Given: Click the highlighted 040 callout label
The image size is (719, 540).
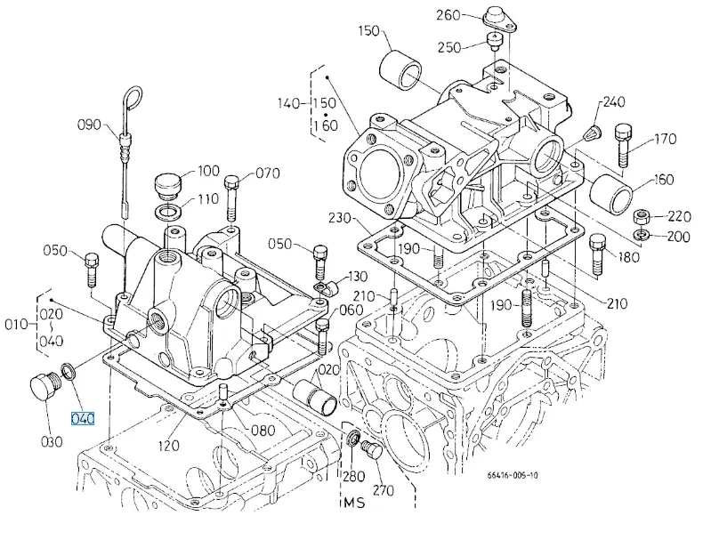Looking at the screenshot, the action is (83, 418).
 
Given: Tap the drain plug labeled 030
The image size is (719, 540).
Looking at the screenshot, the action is (45, 387).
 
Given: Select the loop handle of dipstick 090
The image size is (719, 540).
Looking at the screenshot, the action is (133, 98).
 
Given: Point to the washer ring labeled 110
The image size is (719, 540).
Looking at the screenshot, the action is (168, 213).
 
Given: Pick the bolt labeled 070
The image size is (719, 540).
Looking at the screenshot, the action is (230, 198).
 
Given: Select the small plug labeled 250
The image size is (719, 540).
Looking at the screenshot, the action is (494, 43).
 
